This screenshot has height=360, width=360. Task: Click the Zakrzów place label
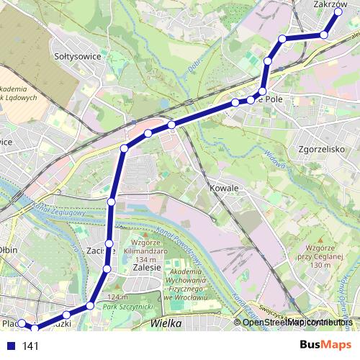331,4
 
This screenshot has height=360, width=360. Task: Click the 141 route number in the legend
30,346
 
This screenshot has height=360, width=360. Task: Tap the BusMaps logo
326,345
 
